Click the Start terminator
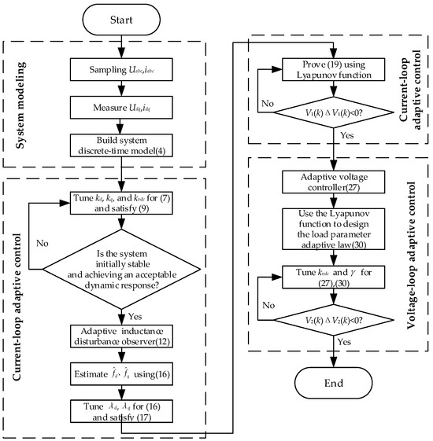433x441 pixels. (120, 18)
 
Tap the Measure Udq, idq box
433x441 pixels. (120, 101)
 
